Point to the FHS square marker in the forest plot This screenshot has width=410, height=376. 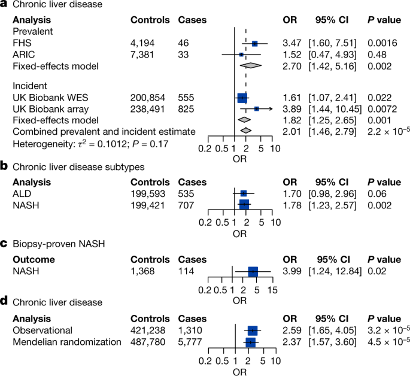click(x=255, y=44)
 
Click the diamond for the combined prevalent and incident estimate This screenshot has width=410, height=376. click(x=245, y=131)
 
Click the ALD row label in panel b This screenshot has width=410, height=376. click(x=21, y=193)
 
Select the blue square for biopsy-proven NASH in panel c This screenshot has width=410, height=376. click(x=253, y=271)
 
